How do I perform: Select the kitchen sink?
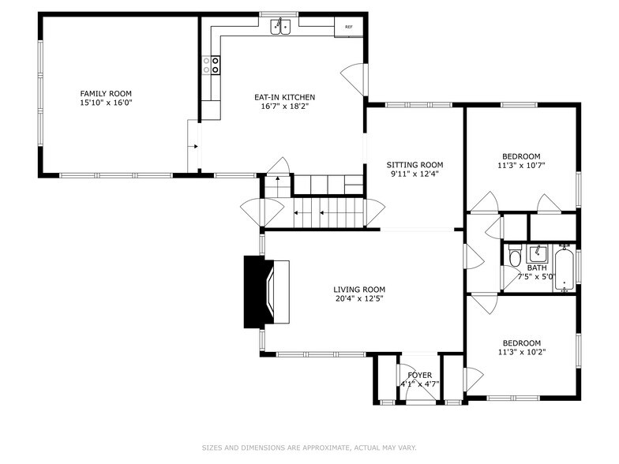280,28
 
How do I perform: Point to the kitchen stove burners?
214,65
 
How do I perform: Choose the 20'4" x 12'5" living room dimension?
358,299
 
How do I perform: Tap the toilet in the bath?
515,257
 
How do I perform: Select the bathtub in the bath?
565,268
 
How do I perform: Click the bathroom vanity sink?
538,253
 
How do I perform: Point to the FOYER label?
419,375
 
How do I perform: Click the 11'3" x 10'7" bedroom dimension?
521,166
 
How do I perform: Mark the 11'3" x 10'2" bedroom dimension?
521,353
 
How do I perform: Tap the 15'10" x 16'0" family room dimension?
105,103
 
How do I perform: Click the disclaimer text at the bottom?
309,448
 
